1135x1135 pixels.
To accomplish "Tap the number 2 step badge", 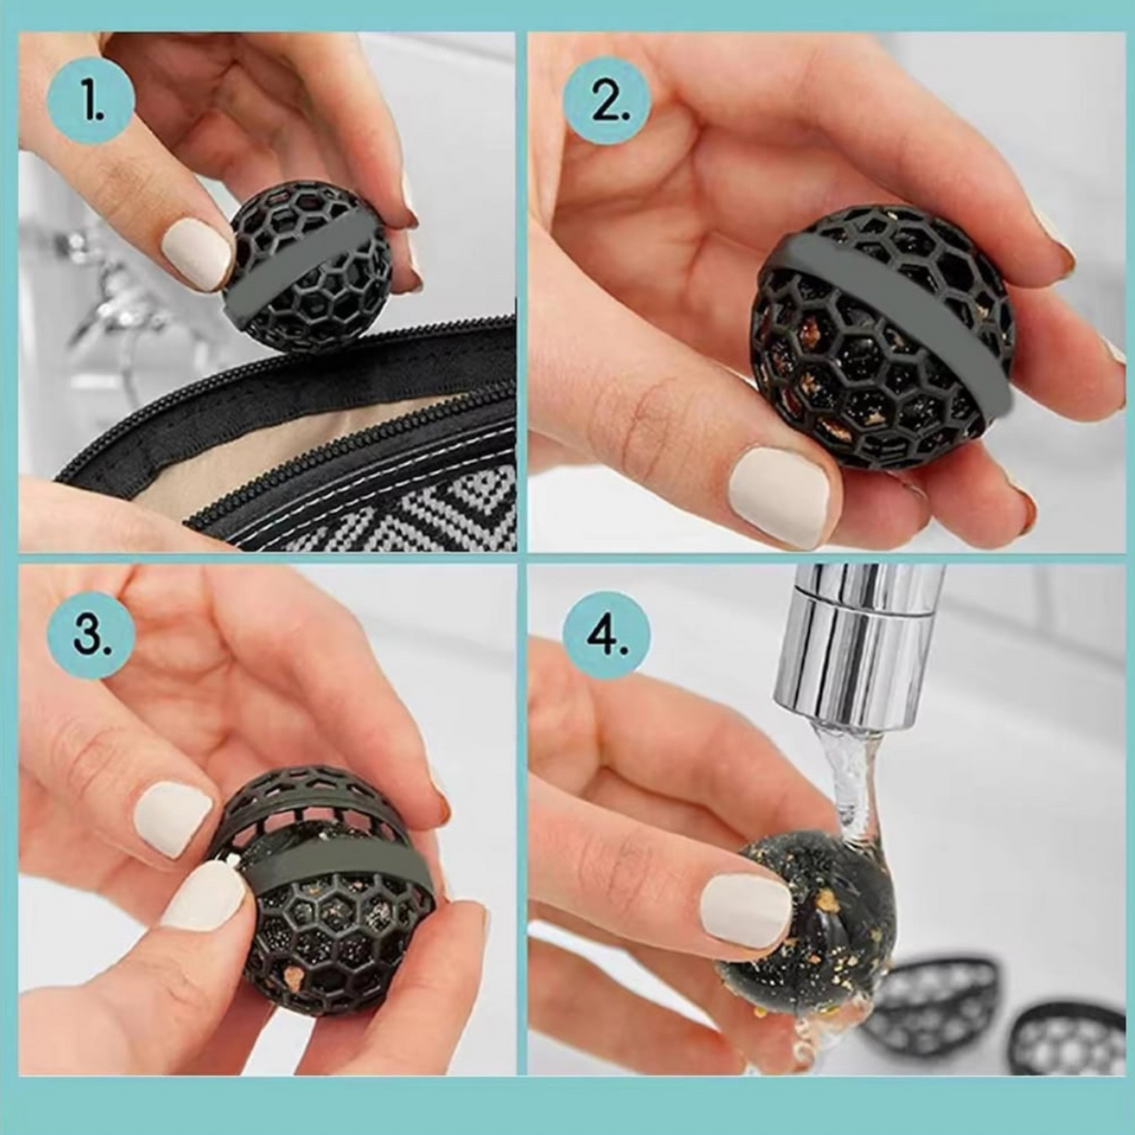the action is click(609, 101).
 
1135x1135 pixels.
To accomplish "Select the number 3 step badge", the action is click(91, 637).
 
